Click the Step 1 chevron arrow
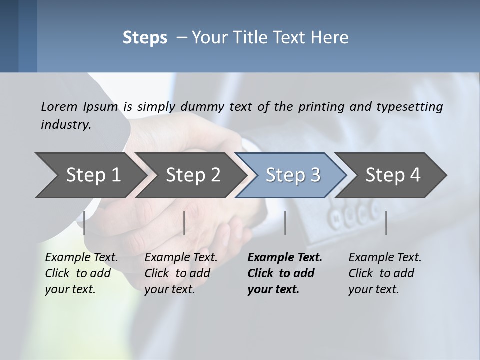(93, 175)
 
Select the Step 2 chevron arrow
(193, 175)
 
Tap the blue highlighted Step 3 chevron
(293, 175)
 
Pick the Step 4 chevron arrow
(393, 175)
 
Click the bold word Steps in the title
(145, 37)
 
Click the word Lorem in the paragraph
(59, 106)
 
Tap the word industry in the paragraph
(65, 124)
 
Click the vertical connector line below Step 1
(84, 223)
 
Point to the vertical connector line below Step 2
(184, 223)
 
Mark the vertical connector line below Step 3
(285, 223)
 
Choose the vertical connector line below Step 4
(386, 223)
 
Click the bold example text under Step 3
(284, 273)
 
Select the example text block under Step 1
(81, 273)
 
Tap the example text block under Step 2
(181, 273)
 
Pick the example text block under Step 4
(385, 273)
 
